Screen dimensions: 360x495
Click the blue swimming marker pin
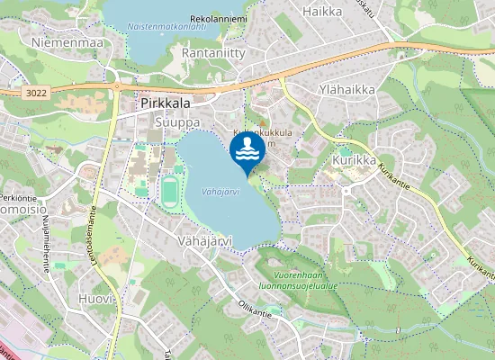point(247,152)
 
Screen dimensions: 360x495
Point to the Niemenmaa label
point(67,42)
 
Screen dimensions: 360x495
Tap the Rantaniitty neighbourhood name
point(213,54)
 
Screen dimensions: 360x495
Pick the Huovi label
point(96,298)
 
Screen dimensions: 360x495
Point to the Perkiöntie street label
point(18,196)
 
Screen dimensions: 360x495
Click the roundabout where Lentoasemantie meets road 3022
point(118,87)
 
